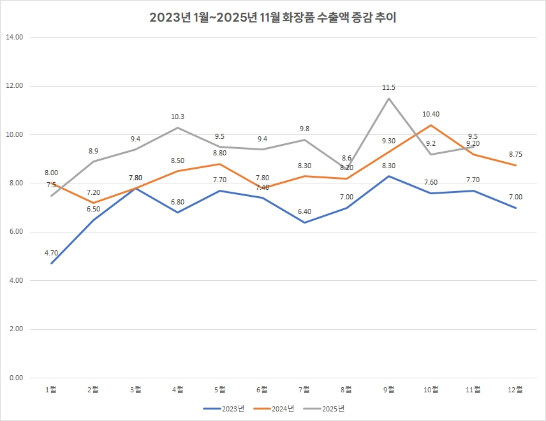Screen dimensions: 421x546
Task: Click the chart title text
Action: (273, 18)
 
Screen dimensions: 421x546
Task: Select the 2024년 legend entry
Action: (274, 408)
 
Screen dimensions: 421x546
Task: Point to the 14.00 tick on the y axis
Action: (14, 37)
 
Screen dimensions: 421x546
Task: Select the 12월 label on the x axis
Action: (515, 389)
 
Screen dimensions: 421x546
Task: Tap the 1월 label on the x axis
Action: (51, 389)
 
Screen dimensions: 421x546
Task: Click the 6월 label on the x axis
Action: (262, 389)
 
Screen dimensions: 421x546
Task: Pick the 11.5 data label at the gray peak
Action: (388, 87)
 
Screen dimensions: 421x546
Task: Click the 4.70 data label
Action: (51, 253)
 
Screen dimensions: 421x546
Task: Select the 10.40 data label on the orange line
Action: (431, 115)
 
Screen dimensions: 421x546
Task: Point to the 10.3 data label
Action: (178, 117)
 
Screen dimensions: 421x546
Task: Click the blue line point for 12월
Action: (515, 208)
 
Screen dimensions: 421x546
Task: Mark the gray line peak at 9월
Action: (388, 98)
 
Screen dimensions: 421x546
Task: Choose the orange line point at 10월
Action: (431, 125)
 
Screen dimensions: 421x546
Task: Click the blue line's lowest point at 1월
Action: (51, 263)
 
